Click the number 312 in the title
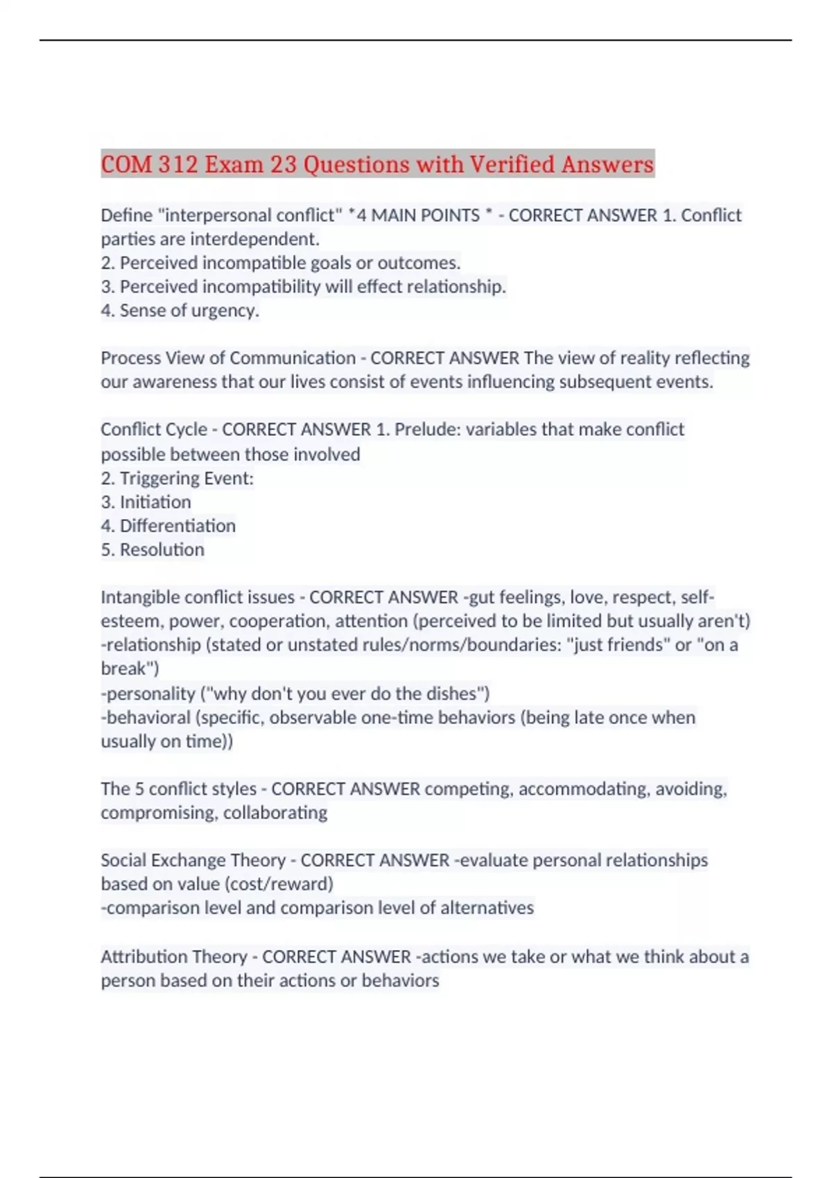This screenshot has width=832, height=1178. [x=178, y=165]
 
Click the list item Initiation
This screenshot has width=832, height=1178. [x=155, y=502]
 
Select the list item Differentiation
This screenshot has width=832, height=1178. [x=177, y=526]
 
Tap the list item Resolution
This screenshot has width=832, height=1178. [x=162, y=550]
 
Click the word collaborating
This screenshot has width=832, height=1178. [x=275, y=813]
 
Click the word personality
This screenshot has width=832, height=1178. [x=150, y=694]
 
